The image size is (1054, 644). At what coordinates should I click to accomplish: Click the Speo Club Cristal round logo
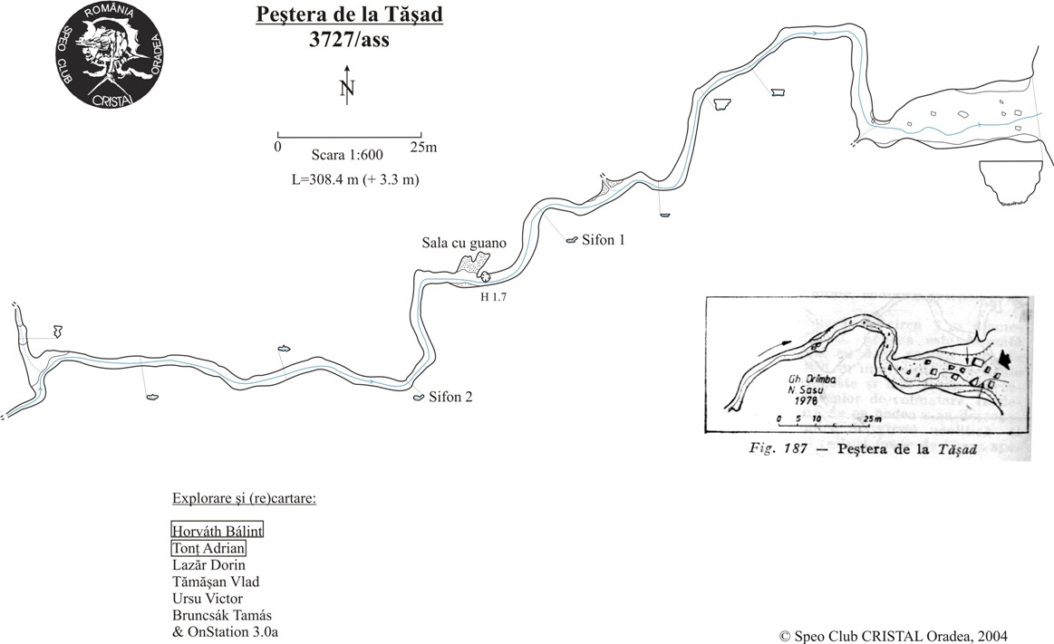coord(110,55)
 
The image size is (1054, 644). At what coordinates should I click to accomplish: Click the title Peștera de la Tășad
coord(336,16)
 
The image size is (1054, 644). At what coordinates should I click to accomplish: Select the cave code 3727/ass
coord(336,39)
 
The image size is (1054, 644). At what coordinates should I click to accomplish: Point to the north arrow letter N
coord(346,89)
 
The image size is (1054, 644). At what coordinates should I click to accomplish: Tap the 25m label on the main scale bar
coord(423,146)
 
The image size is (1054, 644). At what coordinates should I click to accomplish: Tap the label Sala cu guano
coord(464,243)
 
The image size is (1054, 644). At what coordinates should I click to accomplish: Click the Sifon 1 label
coord(604,240)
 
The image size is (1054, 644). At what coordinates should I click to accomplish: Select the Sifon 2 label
coord(450,397)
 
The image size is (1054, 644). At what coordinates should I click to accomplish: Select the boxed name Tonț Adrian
coord(208,548)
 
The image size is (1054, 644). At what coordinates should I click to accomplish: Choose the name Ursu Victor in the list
coord(207,599)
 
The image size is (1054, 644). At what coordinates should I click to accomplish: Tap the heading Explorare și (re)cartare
coord(243,499)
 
